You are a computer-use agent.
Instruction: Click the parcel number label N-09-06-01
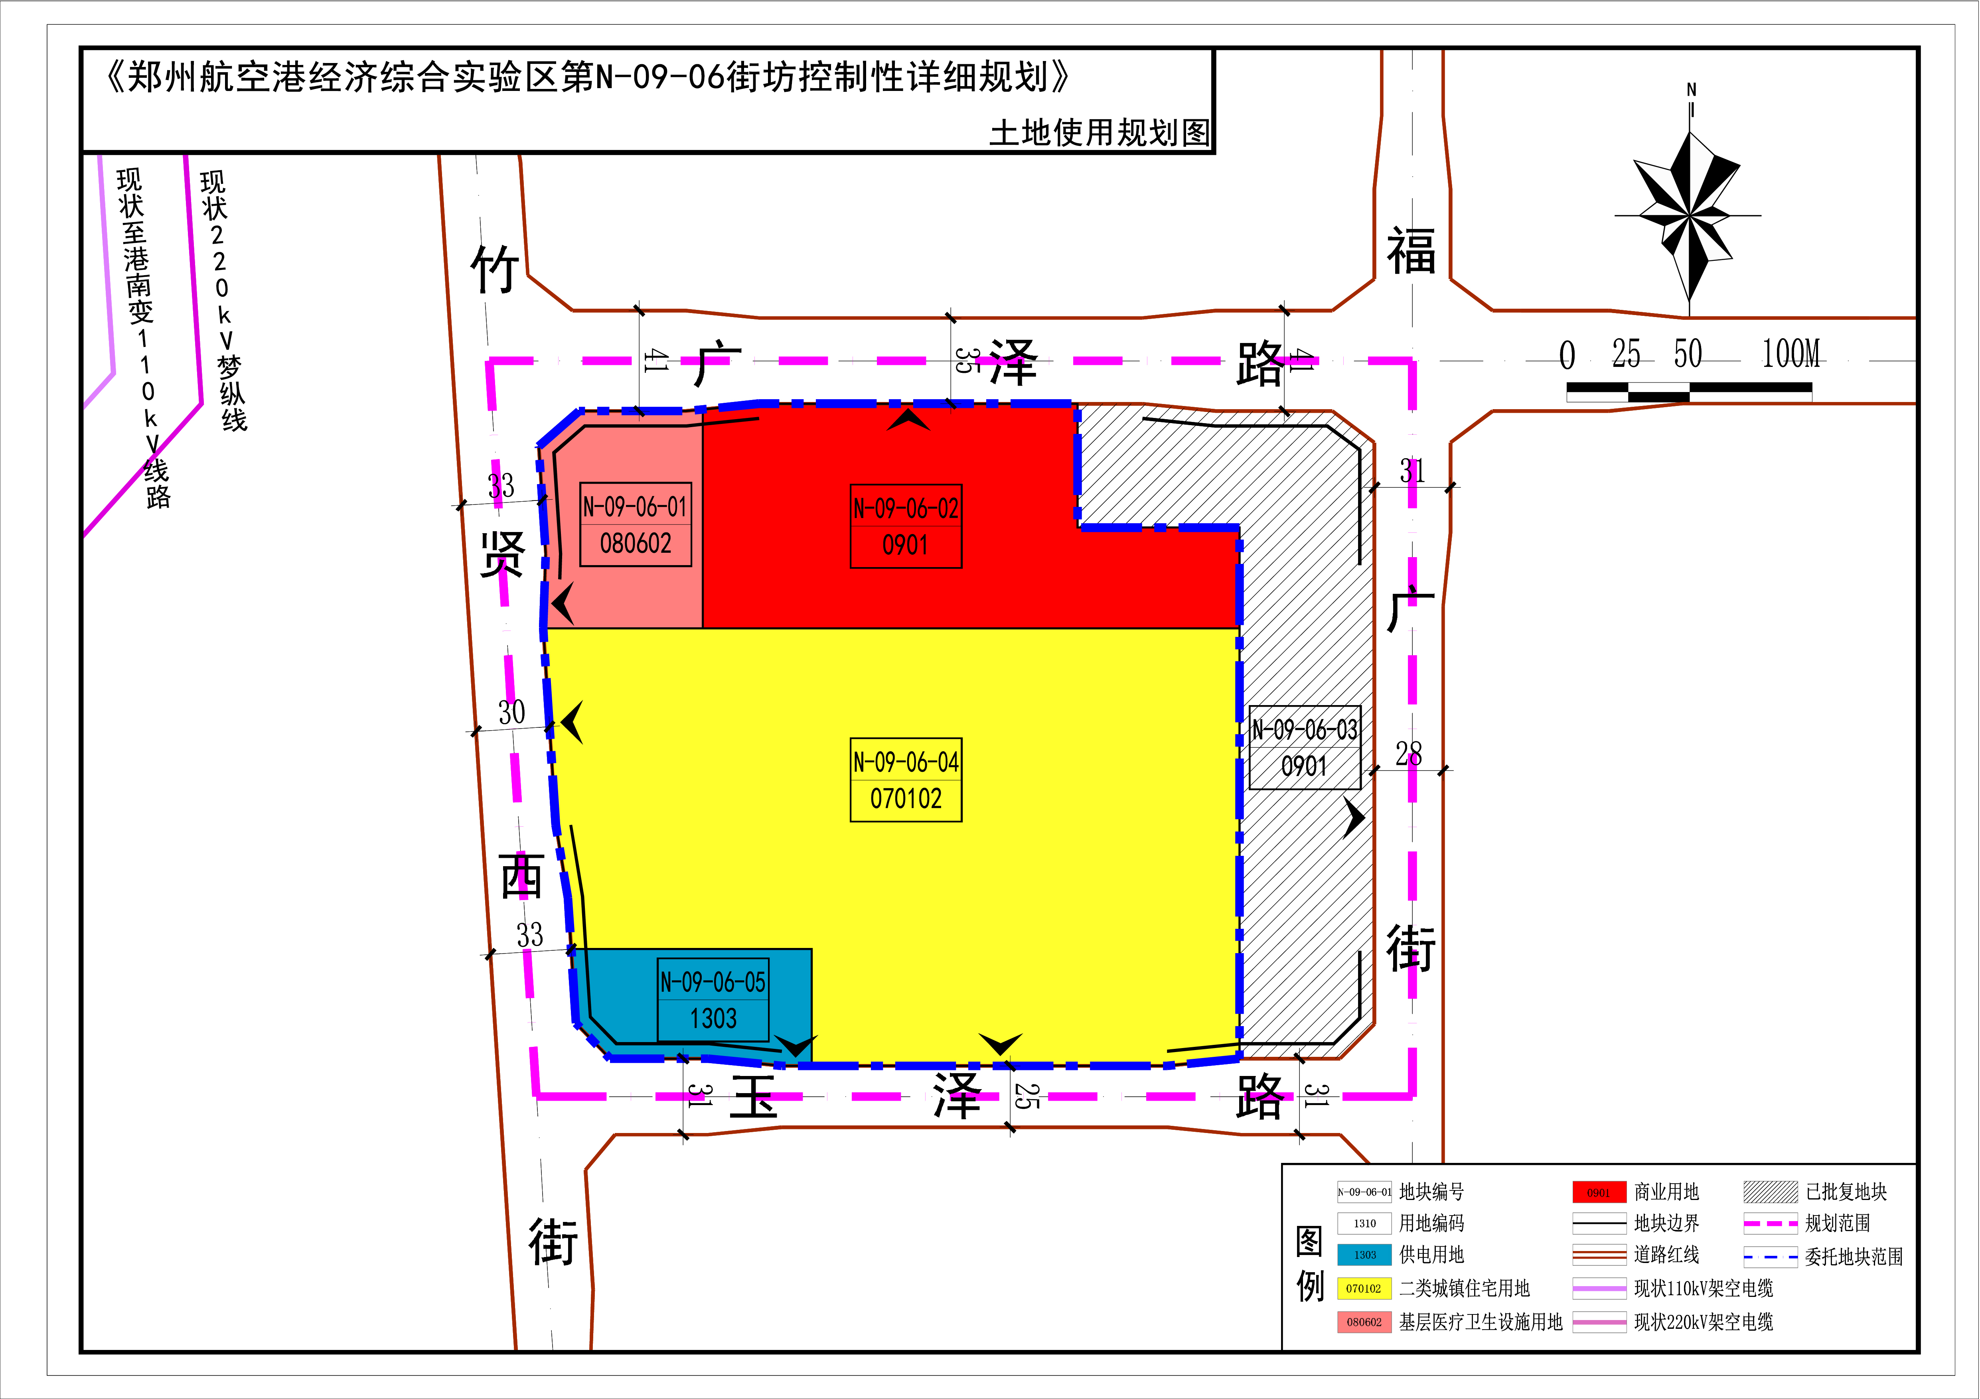point(636,507)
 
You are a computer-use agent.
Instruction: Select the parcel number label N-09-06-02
point(906,508)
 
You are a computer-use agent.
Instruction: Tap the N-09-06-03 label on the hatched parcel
point(1305,730)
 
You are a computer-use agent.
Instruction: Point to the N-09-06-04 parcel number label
point(906,762)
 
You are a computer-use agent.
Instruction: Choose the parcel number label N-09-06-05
point(713,982)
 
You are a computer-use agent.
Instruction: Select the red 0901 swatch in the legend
point(1599,1192)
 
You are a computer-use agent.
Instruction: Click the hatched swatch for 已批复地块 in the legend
point(1771,1192)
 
